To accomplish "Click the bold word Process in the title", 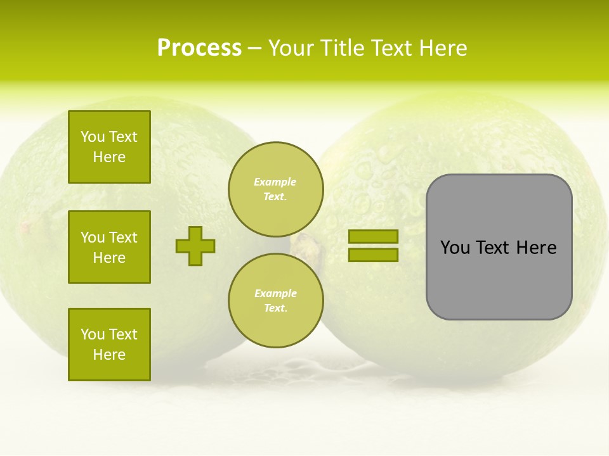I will coord(199,48).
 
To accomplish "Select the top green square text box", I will coord(109,147).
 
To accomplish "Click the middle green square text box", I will coord(109,247).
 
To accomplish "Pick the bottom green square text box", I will coord(109,345).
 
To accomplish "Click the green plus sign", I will coord(195,246).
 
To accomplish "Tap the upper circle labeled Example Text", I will coord(275,189).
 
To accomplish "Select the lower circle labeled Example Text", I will coord(275,301).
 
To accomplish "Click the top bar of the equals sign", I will coord(373,237).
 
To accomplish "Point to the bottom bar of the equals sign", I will coord(373,255).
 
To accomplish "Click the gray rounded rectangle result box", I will coord(499,279).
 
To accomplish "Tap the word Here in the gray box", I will coord(537,248).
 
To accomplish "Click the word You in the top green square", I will coord(93,137).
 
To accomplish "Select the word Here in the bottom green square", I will coord(109,355).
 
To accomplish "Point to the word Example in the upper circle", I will coord(275,182).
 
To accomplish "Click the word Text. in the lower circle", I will coord(275,308).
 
